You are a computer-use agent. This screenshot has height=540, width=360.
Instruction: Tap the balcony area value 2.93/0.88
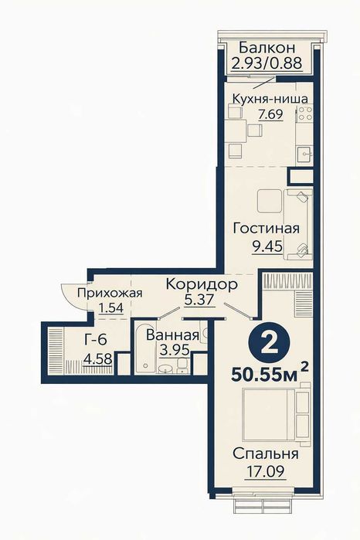[x=265, y=63]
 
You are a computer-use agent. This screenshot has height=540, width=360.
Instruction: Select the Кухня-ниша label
[x=270, y=99]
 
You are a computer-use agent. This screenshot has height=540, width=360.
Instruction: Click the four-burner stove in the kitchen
[x=304, y=116]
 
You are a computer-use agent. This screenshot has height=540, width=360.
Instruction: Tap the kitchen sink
[x=306, y=152]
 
